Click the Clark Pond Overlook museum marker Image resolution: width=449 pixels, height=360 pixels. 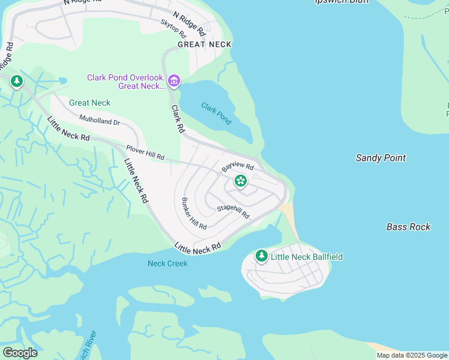click(x=174, y=80)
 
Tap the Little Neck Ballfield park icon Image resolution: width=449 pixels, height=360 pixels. click(x=261, y=256)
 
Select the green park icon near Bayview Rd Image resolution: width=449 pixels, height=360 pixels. click(x=241, y=180)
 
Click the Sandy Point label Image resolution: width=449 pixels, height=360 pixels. click(x=381, y=158)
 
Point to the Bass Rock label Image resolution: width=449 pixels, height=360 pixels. click(x=408, y=227)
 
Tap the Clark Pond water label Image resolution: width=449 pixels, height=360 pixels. click(x=216, y=113)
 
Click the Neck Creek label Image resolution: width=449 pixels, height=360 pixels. click(x=167, y=263)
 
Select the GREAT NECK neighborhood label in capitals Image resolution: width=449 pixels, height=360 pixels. click(x=204, y=44)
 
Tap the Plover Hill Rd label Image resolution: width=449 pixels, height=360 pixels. click(x=145, y=152)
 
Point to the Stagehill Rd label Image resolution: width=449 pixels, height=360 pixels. click(x=233, y=211)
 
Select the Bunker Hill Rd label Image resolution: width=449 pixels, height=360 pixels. click(x=194, y=214)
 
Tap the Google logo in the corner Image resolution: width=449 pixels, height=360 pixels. click(x=20, y=353)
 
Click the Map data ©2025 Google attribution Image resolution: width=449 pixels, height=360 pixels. click(x=412, y=355)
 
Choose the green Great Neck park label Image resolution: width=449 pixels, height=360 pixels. click(x=89, y=103)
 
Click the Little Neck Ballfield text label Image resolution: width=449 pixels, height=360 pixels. click(x=307, y=257)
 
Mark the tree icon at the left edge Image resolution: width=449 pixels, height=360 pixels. click(x=17, y=81)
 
